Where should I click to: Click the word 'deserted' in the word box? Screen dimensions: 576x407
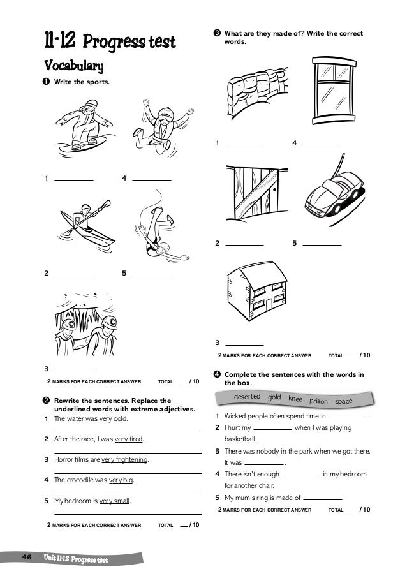click(248, 397)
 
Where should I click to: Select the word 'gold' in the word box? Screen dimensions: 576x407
click(275, 397)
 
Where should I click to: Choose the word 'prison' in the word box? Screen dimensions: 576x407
click(318, 401)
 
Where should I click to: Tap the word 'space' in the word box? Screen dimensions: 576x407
click(344, 401)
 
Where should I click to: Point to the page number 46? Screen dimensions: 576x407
click(26, 558)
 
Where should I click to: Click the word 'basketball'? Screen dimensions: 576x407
click(240, 439)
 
